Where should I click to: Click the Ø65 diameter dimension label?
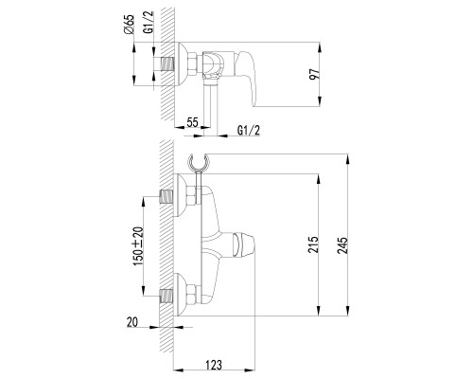(130, 25)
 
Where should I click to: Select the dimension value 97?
(315, 74)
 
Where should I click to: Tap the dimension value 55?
(192, 122)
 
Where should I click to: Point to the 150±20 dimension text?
(138, 246)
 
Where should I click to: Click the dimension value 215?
(313, 244)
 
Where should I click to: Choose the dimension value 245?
(342, 245)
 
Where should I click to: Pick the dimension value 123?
(214, 365)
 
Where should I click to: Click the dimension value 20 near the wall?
(132, 322)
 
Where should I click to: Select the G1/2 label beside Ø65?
(149, 22)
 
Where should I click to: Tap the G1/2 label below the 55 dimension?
(249, 130)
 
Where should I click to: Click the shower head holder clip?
(199, 162)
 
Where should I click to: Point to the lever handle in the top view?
(246, 78)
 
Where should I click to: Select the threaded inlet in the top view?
(167, 64)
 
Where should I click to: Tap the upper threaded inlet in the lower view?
(167, 197)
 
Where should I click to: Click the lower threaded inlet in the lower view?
(167, 296)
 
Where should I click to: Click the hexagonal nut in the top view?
(193, 64)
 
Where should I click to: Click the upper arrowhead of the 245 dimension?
(347, 159)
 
